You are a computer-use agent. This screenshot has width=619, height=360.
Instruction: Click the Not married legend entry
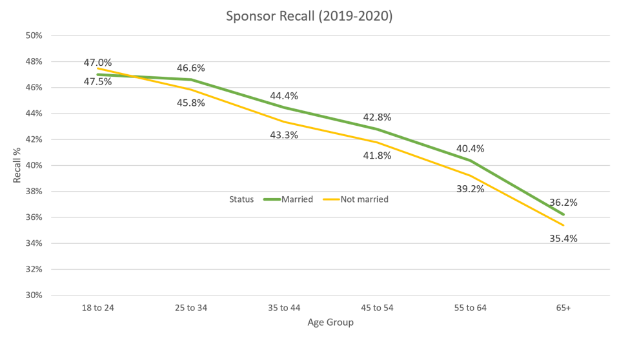coord(364,199)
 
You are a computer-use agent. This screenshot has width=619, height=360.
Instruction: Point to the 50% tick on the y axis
coord(34,35)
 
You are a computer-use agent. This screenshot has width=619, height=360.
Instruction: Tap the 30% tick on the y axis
coord(34,295)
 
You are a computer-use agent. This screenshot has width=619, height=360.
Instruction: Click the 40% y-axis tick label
coord(34,165)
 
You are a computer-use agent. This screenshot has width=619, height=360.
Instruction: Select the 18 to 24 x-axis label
coord(97,309)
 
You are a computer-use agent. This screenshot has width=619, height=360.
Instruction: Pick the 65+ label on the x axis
coord(563,309)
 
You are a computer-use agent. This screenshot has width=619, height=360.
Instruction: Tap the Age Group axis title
coord(330,322)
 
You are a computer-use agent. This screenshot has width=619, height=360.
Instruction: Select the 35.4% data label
coord(563,238)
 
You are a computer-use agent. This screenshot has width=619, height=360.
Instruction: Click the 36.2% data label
coord(563,202)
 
